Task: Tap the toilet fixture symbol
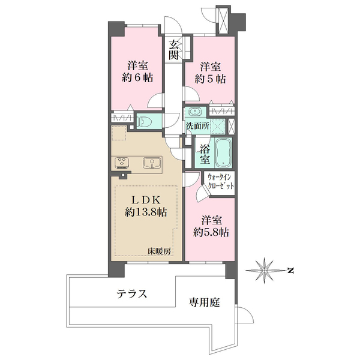coord(143,121)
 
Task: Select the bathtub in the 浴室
coord(224,152)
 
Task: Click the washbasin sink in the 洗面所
coord(194,112)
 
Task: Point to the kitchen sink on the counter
coord(152,163)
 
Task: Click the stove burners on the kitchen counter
coord(122,161)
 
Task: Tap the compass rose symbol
coord(265,271)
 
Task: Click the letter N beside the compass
coord(290,271)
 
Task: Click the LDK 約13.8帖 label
coord(146,206)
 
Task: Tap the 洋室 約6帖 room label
coord(137,71)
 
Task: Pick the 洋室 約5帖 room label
coord(210,73)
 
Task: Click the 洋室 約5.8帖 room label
coord(211,226)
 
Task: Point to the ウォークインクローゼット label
coord(220,181)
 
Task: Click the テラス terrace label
coord(132,293)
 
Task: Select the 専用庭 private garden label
coord(205,302)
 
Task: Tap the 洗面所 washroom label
coord(197,125)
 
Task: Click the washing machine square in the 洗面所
coord(217,127)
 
